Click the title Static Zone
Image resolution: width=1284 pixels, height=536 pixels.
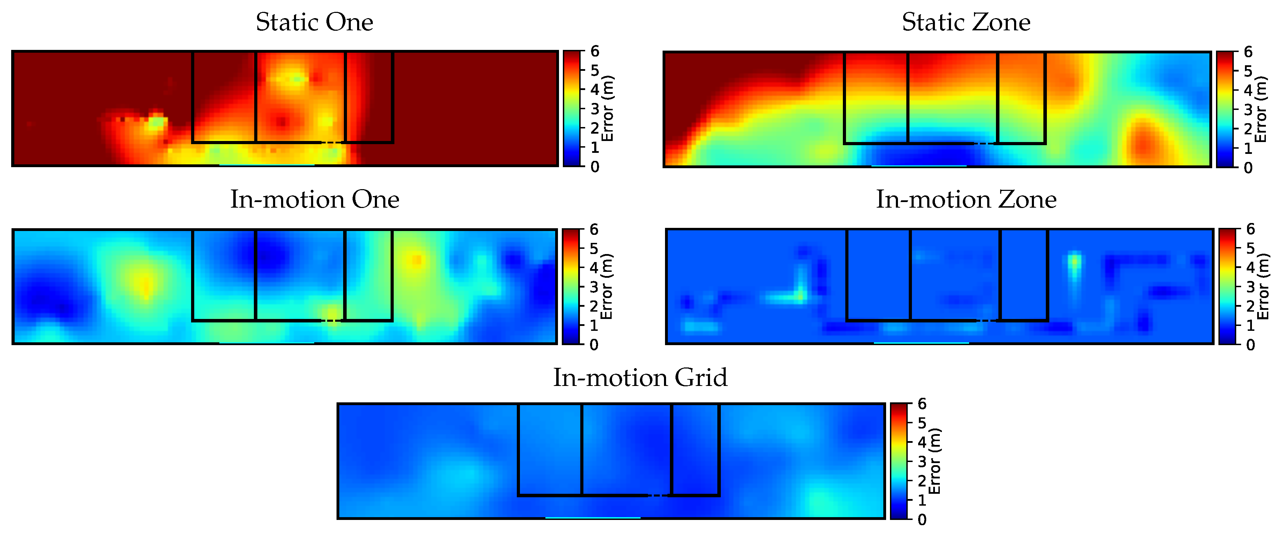click(x=966, y=22)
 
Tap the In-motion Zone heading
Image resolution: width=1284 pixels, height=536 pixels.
click(x=966, y=200)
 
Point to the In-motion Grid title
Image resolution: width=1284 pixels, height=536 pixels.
click(x=640, y=378)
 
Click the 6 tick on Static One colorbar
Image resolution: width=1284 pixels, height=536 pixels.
click(x=595, y=51)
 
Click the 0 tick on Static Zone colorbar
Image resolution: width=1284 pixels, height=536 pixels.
click(x=1248, y=167)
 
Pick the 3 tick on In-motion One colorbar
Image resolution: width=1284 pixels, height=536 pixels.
click(x=594, y=287)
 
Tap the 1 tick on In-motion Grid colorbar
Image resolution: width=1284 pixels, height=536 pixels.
click(x=922, y=500)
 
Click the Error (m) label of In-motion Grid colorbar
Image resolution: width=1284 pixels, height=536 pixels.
click(x=935, y=461)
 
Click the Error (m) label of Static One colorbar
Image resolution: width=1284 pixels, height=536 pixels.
click(x=607, y=109)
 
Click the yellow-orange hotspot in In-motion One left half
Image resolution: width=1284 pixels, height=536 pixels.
click(x=145, y=286)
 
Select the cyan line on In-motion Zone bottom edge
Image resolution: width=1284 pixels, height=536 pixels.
click(x=921, y=343)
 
